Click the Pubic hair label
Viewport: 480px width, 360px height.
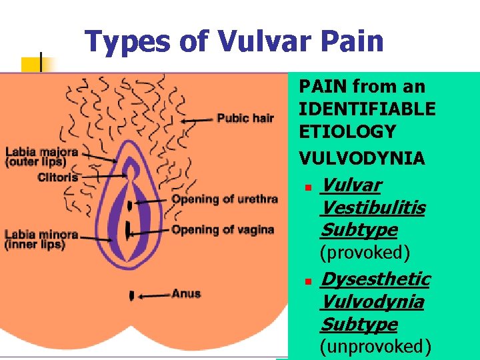coord(245,119)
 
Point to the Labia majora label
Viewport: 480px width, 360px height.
coord(41,157)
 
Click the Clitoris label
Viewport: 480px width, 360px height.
coord(58,177)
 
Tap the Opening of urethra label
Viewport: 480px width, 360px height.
coord(225,199)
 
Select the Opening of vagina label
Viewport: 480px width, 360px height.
coord(223,230)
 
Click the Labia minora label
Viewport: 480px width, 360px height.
coord(41,239)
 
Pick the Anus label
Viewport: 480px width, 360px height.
coord(186,293)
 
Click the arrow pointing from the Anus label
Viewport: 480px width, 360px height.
coord(153,294)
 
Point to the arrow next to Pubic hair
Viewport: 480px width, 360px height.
coord(198,120)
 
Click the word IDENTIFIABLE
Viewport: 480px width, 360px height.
coord(367,109)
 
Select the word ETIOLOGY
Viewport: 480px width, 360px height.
coord(347,131)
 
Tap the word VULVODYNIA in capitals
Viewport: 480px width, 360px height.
coord(361,158)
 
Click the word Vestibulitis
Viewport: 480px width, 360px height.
coord(373,208)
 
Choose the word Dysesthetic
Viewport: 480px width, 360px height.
coord(375,279)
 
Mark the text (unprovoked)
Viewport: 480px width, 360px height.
coord(376,347)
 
